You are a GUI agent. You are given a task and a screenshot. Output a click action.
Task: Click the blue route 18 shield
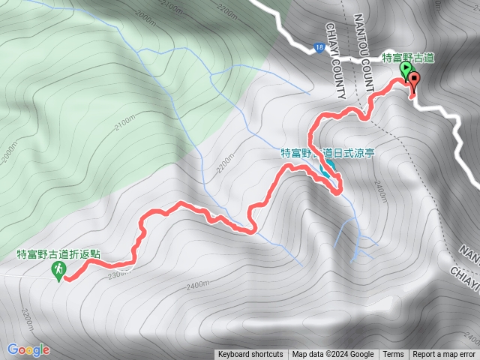(x=319, y=46)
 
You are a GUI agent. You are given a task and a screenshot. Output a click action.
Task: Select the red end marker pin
(x=413, y=83)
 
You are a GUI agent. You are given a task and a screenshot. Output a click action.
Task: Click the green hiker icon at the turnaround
(x=58, y=269)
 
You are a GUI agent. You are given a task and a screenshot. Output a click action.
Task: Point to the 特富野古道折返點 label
(x=58, y=254)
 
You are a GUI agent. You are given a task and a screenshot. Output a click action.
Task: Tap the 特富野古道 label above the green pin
(x=409, y=57)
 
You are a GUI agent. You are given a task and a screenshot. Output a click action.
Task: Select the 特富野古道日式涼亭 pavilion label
(x=328, y=152)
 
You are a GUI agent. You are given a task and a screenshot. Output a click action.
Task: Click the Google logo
(x=28, y=349)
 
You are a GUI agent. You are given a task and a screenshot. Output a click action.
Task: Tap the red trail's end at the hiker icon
(x=67, y=278)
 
